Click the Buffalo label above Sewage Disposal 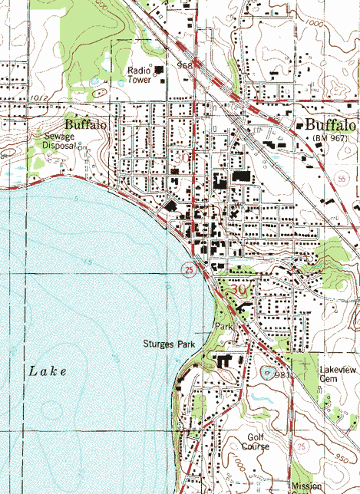coord(85,123)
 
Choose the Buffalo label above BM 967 coord(331,125)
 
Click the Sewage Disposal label coord(59,140)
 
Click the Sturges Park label coord(170,344)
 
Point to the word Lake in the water coord(48,370)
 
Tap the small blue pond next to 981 coord(268,374)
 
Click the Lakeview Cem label coord(334,374)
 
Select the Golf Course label coord(255,441)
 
